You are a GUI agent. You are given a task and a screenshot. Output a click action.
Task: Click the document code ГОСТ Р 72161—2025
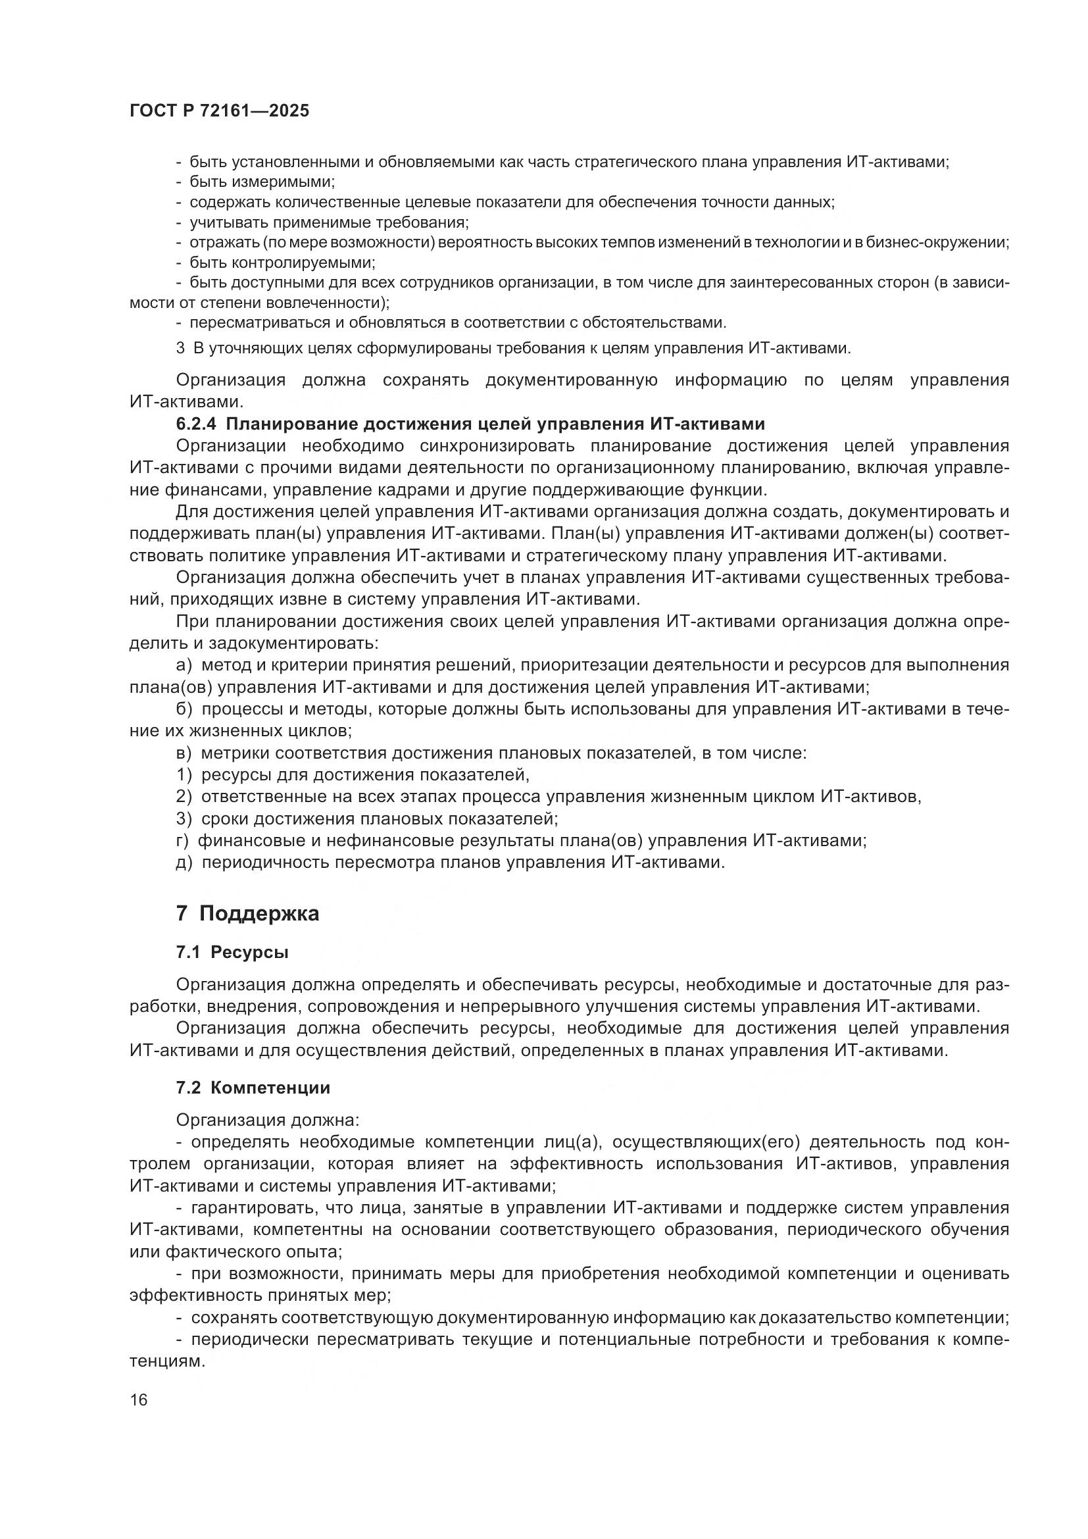click(219, 111)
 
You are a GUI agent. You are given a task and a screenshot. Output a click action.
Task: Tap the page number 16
click(139, 1400)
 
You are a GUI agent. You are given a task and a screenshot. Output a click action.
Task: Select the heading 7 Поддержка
click(247, 914)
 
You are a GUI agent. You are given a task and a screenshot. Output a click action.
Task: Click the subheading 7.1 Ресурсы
click(232, 953)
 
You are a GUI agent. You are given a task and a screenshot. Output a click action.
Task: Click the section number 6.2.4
click(196, 424)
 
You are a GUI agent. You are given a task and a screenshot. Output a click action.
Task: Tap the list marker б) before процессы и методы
click(184, 709)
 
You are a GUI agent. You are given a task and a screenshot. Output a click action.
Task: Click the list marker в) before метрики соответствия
click(184, 753)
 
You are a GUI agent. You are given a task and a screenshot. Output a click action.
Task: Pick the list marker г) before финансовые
click(182, 840)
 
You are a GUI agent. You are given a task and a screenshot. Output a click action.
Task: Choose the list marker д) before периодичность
click(184, 862)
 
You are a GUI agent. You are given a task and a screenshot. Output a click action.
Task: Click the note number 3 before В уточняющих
click(180, 348)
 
